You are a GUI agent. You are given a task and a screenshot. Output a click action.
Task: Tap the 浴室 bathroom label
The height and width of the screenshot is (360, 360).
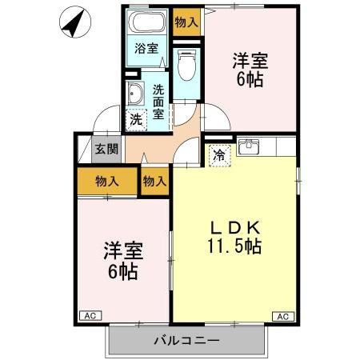[x=146, y=48]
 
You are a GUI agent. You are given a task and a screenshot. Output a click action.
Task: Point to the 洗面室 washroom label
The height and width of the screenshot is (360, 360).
[x=158, y=101]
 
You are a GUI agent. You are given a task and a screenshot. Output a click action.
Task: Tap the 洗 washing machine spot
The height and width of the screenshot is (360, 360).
[x=136, y=120]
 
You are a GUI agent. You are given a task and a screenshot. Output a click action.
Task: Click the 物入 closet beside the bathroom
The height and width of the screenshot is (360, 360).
[x=186, y=22]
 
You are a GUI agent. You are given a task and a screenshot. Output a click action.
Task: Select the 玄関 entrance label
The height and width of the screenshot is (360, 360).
[x=106, y=149]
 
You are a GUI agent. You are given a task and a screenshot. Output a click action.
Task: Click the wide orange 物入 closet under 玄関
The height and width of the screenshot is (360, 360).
[x=106, y=181]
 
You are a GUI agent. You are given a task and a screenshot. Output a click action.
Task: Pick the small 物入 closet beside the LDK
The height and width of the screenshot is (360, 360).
[x=154, y=181]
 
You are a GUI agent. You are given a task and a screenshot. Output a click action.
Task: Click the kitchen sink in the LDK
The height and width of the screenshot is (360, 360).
[x=251, y=146]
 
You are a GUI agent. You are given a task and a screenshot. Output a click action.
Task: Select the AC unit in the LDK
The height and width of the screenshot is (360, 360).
[x=282, y=317]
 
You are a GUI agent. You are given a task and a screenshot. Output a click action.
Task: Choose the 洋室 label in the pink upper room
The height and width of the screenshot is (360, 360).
[x=249, y=61]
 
